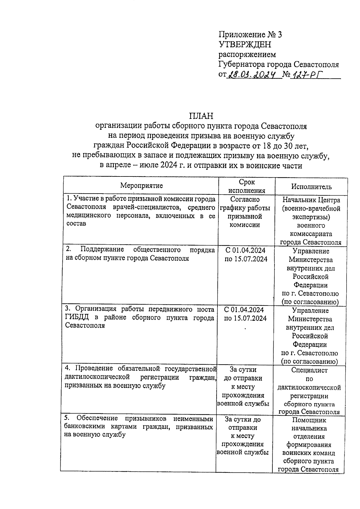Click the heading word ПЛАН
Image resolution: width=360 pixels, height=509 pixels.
pyautogui.click(x=201, y=116)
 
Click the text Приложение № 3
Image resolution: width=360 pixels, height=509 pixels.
pyautogui.click(x=250, y=35)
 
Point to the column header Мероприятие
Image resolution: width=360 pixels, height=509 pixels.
pyautogui.click(x=142, y=185)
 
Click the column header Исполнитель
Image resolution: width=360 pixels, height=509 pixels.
pyautogui.click(x=311, y=187)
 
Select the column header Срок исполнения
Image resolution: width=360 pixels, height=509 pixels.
pyautogui.click(x=247, y=186)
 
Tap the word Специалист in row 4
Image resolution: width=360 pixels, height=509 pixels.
pyautogui.click(x=309, y=370)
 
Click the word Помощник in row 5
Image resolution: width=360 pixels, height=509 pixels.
pyautogui.click(x=309, y=420)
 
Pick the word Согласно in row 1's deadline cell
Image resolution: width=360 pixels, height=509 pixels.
pyautogui.click(x=245, y=199)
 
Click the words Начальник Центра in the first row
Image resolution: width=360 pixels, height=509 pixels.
pyautogui.click(x=311, y=200)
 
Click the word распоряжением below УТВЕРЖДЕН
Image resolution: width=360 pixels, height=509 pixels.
pyautogui.click(x=247, y=55)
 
